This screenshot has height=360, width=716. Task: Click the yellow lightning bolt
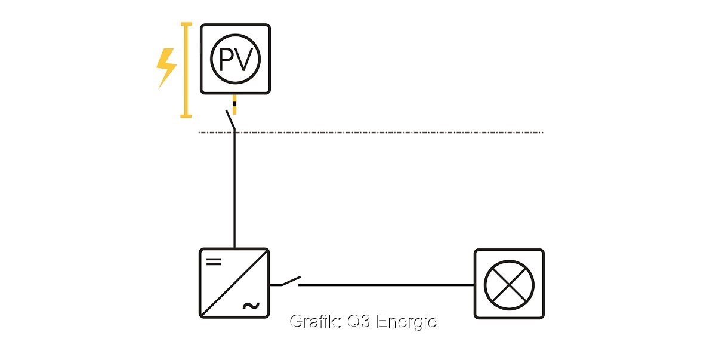[166, 67]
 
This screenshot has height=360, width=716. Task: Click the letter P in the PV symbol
[226, 59]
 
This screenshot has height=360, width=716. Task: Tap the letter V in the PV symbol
[246, 59]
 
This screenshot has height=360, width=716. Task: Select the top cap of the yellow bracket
[186, 24]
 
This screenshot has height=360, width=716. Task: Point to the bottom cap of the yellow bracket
[186, 115]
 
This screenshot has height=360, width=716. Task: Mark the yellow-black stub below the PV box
[234, 104]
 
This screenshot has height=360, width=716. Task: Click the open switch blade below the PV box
[230, 119]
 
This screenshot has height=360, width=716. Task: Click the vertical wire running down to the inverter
[234, 191]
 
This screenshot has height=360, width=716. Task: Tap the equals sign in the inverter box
[213, 261]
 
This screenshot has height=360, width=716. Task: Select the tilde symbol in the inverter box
[251, 306]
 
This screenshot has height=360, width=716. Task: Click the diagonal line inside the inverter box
[234, 283]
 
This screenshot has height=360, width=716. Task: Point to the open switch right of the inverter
[289, 281]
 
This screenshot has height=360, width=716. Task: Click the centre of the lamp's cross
[509, 284]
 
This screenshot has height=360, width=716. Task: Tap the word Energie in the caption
[407, 322]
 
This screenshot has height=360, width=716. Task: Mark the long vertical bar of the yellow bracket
[186, 70]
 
